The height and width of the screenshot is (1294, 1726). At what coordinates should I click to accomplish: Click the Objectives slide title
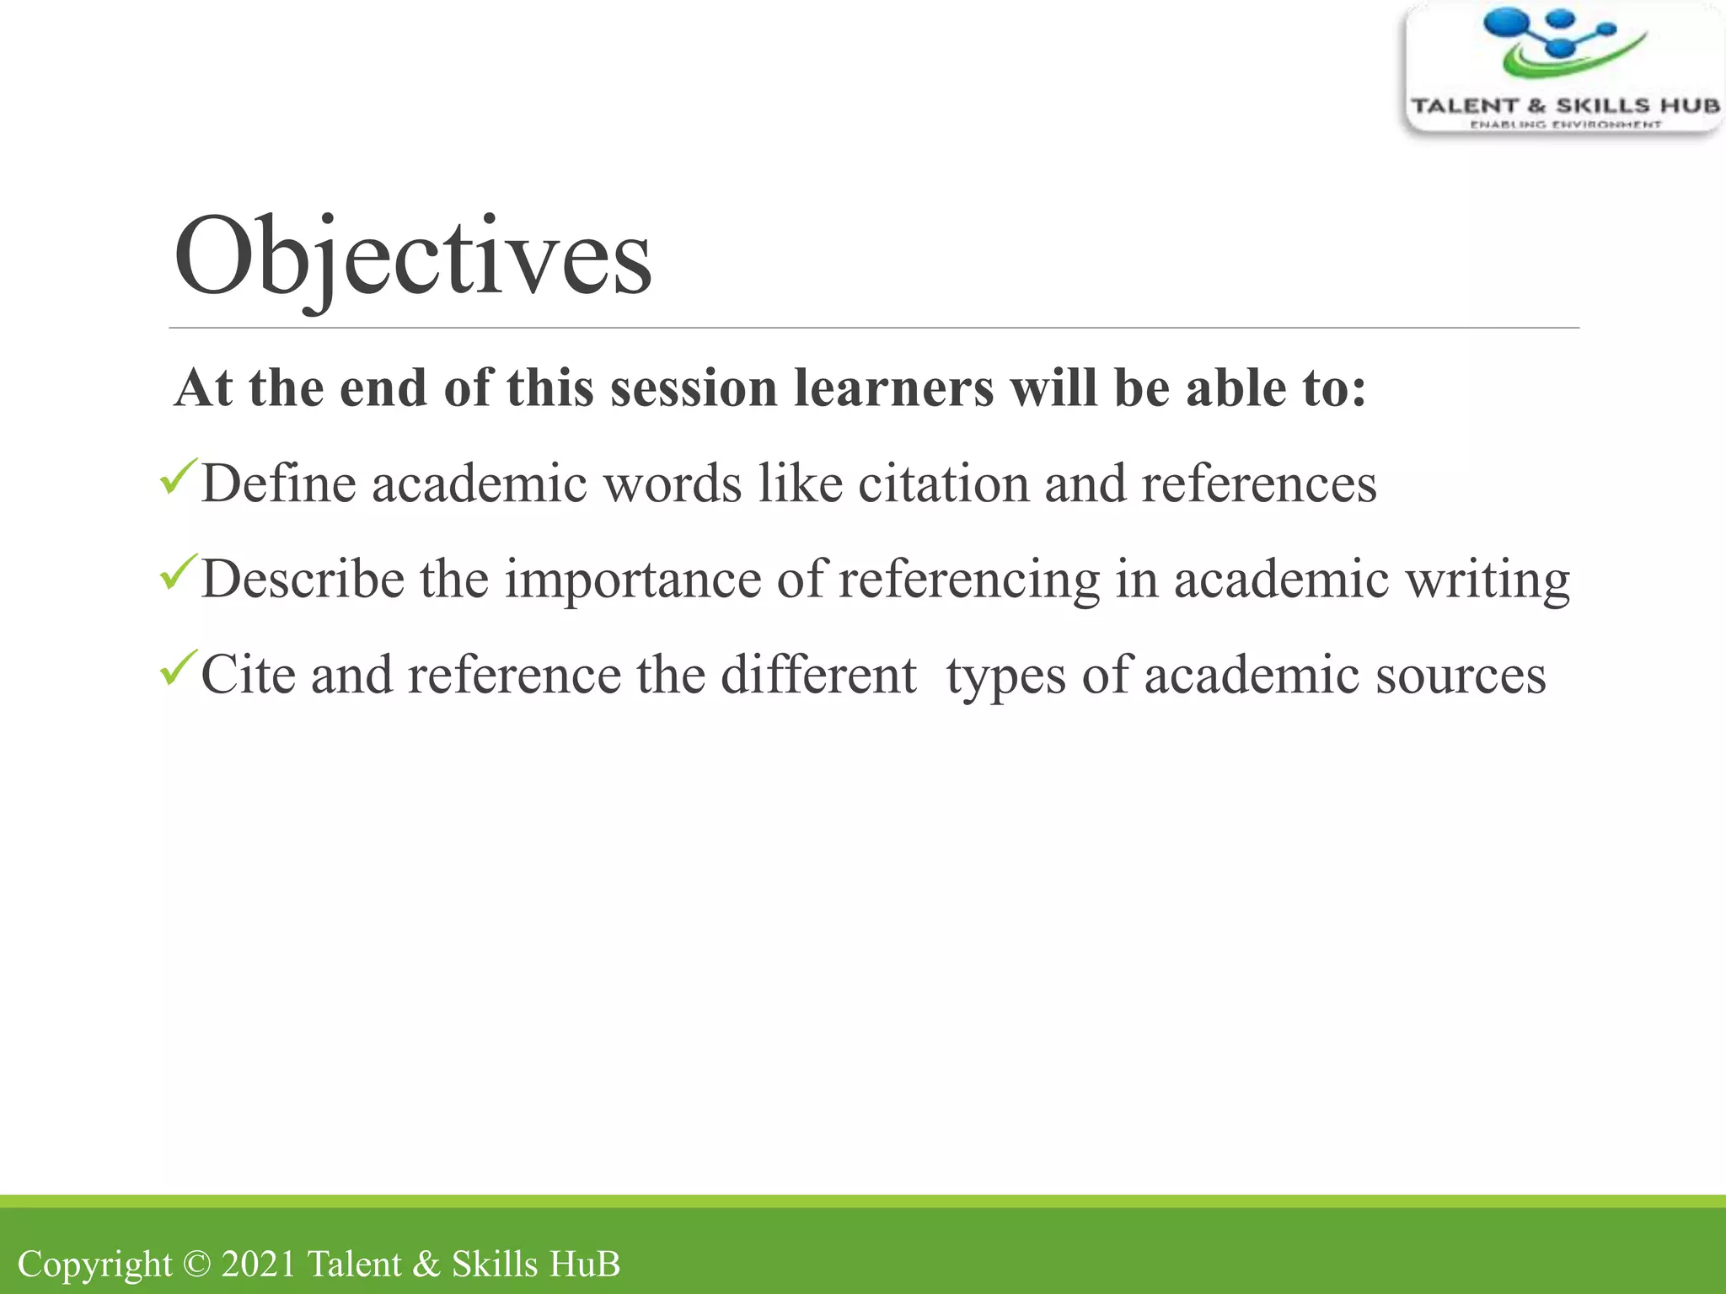click(x=412, y=256)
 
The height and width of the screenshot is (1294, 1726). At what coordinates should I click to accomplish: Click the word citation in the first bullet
click(x=943, y=484)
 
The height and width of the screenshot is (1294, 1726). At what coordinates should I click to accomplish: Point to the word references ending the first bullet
click(x=1259, y=484)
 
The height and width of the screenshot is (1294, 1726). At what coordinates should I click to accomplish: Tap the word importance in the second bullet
click(x=633, y=580)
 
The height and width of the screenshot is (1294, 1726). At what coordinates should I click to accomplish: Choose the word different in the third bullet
click(x=818, y=675)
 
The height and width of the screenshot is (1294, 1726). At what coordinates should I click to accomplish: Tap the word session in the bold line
click(x=694, y=388)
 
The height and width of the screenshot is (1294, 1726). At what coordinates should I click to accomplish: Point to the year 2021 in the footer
click(x=259, y=1264)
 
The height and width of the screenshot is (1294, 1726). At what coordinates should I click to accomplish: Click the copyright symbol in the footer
click(x=196, y=1264)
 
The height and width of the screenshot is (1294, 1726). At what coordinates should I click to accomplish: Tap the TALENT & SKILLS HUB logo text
click(x=1565, y=106)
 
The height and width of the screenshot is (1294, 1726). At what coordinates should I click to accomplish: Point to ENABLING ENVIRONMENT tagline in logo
click(x=1565, y=125)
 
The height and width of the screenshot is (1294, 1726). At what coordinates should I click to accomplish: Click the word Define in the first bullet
click(x=278, y=484)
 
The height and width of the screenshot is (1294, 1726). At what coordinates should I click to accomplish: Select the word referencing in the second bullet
click(x=969, y=580)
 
